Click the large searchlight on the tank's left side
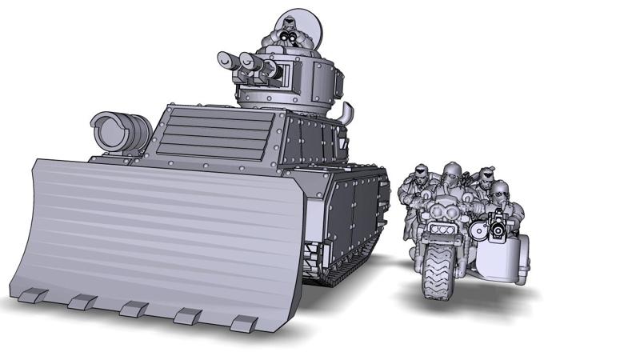[119, 132]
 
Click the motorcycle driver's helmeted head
[451, 172]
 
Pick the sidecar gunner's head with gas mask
[500, 193]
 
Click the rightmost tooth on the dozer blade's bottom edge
[243, 323]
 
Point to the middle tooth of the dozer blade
[133, 309]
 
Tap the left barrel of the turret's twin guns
[228, 59]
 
